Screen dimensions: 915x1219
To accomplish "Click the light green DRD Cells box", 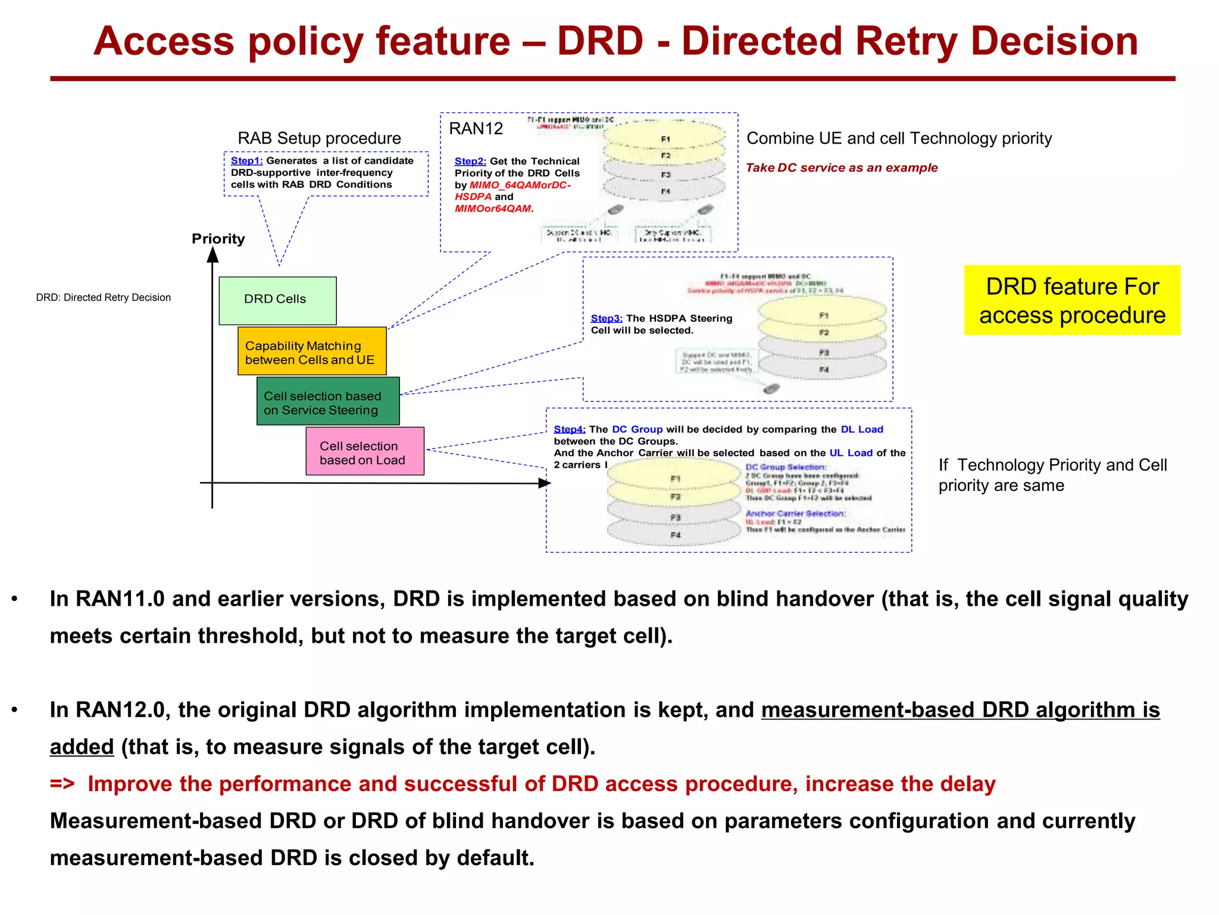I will tap(277, 300).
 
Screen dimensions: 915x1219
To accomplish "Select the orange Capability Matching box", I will tap(312, 351).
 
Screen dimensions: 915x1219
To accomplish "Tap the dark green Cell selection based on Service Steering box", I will tap(328, 402).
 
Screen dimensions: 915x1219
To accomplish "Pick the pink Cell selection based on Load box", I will tap(365, 452).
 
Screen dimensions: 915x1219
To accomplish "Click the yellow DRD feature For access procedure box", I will tap(1072, 300).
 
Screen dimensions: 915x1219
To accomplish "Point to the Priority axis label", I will tap(218, 239).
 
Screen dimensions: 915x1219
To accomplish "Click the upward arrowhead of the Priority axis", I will tap(212, 255).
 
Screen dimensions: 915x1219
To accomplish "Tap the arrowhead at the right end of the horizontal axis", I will tap(544, 483).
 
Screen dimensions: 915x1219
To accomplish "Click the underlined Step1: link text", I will tap(246, 161).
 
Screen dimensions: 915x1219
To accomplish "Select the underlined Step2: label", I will tap(470, 161).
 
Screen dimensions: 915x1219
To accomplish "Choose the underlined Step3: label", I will tap(607, 319).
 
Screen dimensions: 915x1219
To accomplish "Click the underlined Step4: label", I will tap(570, 430).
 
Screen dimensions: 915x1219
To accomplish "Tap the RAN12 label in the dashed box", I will tap(476, 129).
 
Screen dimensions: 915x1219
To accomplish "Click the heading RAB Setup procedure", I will tap(319, 138).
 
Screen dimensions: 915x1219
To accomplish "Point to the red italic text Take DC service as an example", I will tap(842, 168).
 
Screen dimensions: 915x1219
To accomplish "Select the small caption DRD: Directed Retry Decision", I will tap(103, 298).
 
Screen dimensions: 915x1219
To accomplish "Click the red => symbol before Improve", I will tap(62, 784).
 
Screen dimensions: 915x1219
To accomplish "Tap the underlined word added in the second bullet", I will tap(82, 747).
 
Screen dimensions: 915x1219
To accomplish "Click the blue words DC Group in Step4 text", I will tap(637, 430).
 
